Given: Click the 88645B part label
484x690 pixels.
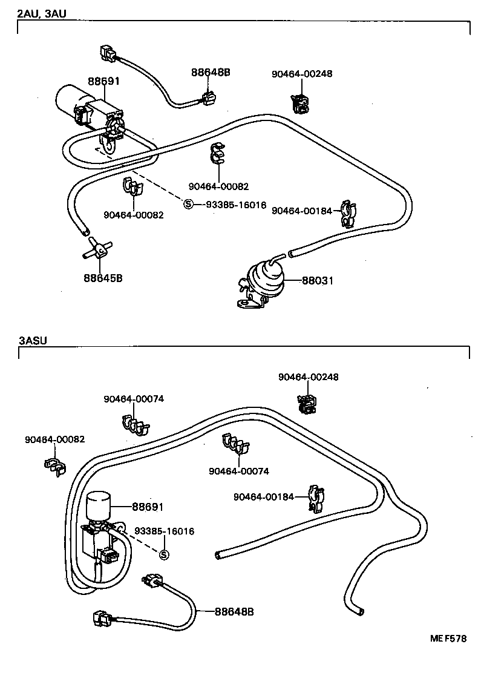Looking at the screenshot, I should tap(103, 278).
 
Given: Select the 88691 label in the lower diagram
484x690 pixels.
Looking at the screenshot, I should tap(148, 507).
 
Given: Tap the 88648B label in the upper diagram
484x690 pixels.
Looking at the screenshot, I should tap(211, 72).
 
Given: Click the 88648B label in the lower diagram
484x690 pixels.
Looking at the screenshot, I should tap(234, 611).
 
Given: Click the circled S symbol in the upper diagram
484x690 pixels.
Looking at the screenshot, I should tap(188, 205).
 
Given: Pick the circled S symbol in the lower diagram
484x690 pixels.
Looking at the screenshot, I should tap(163, 554).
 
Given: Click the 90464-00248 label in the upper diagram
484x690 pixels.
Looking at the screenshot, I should tap(302, 74).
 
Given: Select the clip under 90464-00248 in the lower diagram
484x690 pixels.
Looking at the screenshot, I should tap(307, 404).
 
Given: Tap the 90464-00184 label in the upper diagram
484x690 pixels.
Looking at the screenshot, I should tap(302, 211).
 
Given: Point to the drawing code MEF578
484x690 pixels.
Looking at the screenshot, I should tap(448, 639).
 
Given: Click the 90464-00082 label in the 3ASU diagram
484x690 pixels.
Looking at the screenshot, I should tap(55, 439).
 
